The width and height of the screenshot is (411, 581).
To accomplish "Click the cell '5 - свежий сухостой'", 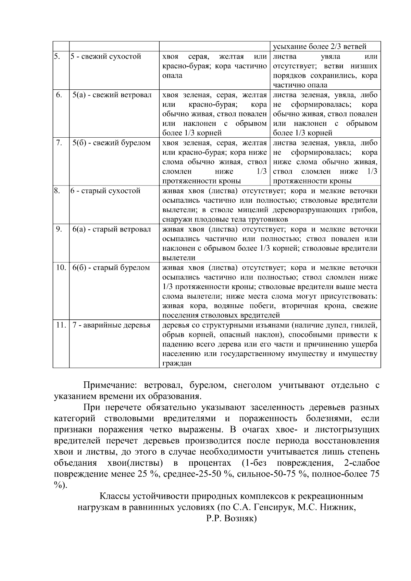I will (106, 56).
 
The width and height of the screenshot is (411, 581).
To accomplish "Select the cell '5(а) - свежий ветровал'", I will (112, 95).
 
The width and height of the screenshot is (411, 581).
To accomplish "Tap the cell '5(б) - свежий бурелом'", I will (112, 143).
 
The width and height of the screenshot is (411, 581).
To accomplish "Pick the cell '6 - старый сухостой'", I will (105, 191).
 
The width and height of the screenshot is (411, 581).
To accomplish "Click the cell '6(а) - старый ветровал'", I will (112, 229).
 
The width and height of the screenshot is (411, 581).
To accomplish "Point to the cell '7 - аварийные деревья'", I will (112, 325).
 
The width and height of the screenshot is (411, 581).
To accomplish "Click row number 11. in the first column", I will (61, 325).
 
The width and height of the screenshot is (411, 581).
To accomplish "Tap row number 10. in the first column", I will (61, 267).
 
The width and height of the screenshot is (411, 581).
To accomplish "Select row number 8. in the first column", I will (57, 191).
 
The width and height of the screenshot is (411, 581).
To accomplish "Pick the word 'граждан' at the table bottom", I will (176, 363).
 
